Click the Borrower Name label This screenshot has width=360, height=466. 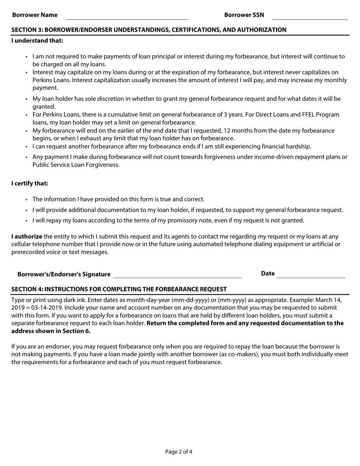coord(35,15)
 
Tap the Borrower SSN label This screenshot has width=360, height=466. coord(244,15)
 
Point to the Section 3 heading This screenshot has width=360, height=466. coord(149,30)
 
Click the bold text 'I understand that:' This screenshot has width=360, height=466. coord(37,41)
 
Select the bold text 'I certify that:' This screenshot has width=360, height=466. coord(30,183)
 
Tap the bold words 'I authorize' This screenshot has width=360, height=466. coord(27,236)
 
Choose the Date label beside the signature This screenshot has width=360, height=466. coord(268,274)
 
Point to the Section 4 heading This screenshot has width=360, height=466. coord(119,289)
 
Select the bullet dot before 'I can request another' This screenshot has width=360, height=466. coord(27,147)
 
